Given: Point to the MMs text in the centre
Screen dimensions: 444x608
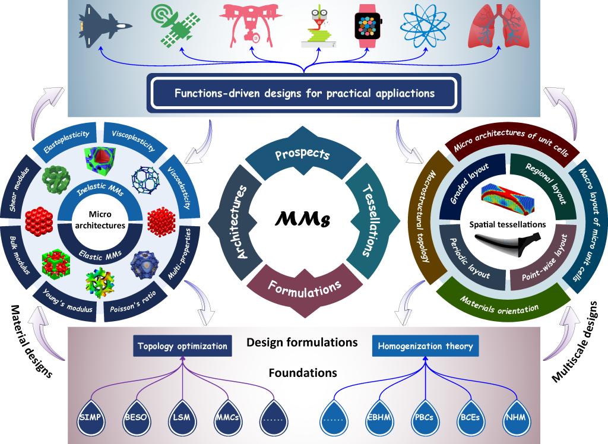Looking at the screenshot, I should pos(303,221).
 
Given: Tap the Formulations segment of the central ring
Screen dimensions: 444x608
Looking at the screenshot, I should pos(305,288).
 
